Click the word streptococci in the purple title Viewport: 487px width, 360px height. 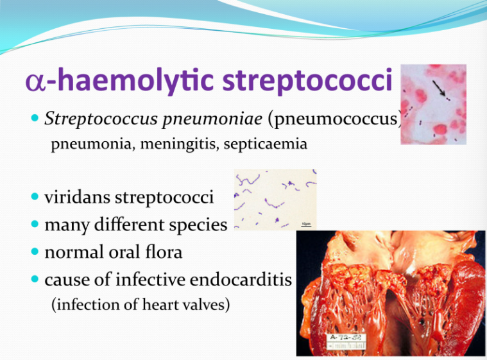click(x=307, y=80)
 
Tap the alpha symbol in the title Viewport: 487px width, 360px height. click(x=35, y=81)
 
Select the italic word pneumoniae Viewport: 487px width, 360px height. click(x=212, y=119)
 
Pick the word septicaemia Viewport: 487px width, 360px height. click(x=265, y=144)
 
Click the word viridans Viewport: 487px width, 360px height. click(x=77, y=197)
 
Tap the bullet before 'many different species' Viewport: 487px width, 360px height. click(x=35, y=224)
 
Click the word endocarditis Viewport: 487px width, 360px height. click(x=241, y=279)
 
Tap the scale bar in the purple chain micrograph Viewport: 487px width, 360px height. click(x=306, y=226)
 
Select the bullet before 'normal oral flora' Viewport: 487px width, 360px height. click(x=35, y=252)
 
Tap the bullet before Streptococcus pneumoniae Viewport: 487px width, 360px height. click(x=35, y=117)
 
